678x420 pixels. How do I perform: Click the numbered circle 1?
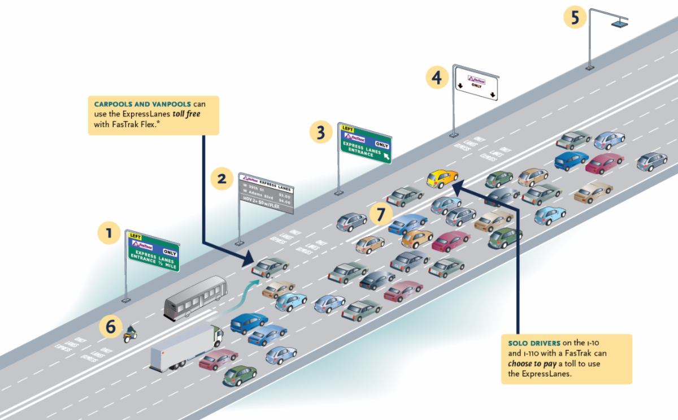pos(108,232)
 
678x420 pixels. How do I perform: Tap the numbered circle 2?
pos(221,179)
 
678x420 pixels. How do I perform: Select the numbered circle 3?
pos(321,132)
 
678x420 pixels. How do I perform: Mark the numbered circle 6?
pos(111,326)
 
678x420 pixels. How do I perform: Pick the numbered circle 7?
pos(383,214)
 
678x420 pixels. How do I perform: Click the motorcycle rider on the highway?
pos(130,334)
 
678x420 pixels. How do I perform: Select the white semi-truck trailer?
pos(180,349)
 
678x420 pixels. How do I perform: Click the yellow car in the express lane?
pos(442,178)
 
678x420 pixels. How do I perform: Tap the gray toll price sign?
pos(266,193)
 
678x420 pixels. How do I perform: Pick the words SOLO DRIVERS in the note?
pos(534,343)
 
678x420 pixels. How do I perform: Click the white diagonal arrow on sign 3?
pos(386,156)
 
